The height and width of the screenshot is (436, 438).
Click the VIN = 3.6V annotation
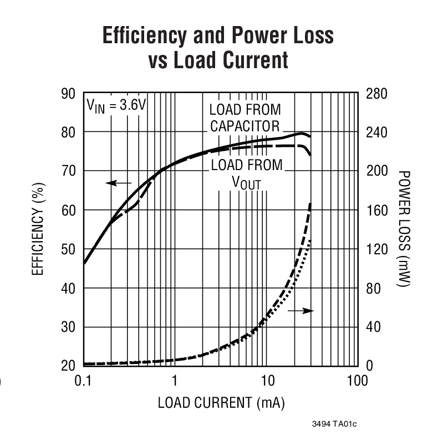pyautogui.click(x=115, y=105)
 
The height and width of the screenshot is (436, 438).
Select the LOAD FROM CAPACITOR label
pyautogui.click(x=245, y=117)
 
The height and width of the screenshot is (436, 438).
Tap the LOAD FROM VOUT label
pyautogui.click(x=247, y=173)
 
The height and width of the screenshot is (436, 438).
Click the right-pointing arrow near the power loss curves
pyautogui.click(x=301, y=311)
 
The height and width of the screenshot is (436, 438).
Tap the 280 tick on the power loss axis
pyautogui.click(x=376, y=93)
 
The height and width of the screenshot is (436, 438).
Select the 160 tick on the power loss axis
pyautogui.click(x=376, y=210)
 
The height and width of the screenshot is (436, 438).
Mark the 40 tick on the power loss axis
pyautogui.click(x=373, y=327)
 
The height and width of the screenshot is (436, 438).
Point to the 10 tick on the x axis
pyautogui.click(x=267, y=381)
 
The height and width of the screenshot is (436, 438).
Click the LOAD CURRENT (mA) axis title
pyautogui.click(x=221, y=403)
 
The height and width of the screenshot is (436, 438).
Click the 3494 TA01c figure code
pyautogui.click(x=334, y=425)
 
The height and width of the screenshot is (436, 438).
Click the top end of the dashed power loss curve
pyautogui.click(x=309, y=204)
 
